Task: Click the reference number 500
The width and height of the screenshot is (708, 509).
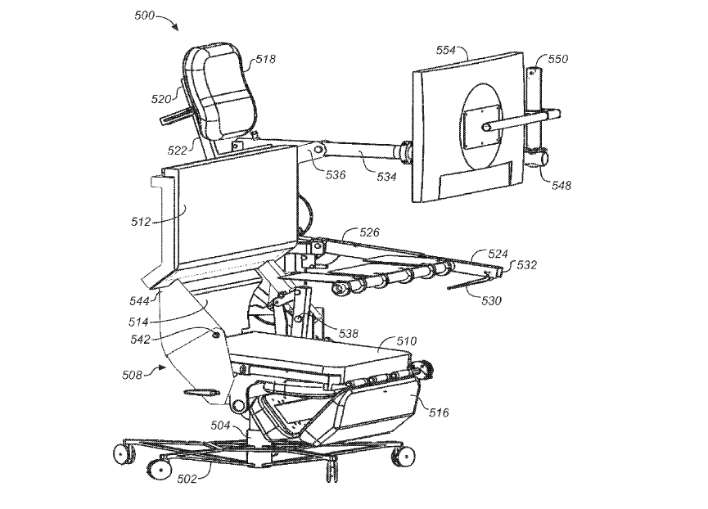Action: tap(145, 16)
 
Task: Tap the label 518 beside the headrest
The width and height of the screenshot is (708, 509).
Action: tap(265, 59)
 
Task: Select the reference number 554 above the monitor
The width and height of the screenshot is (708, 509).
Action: tap(446, 50)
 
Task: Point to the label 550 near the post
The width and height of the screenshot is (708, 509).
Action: tap(558, 59)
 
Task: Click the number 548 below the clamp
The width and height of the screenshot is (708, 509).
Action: tap(561, 185)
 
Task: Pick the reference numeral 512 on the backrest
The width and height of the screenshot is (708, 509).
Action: tap(141, 222)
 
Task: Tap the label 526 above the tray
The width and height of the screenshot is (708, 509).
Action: tap(369, 232)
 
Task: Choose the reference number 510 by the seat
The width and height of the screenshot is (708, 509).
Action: tap(407, 341)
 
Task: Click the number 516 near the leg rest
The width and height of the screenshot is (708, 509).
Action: tap(439, 412)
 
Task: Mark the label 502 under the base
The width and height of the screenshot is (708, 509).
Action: tap(187, 479)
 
